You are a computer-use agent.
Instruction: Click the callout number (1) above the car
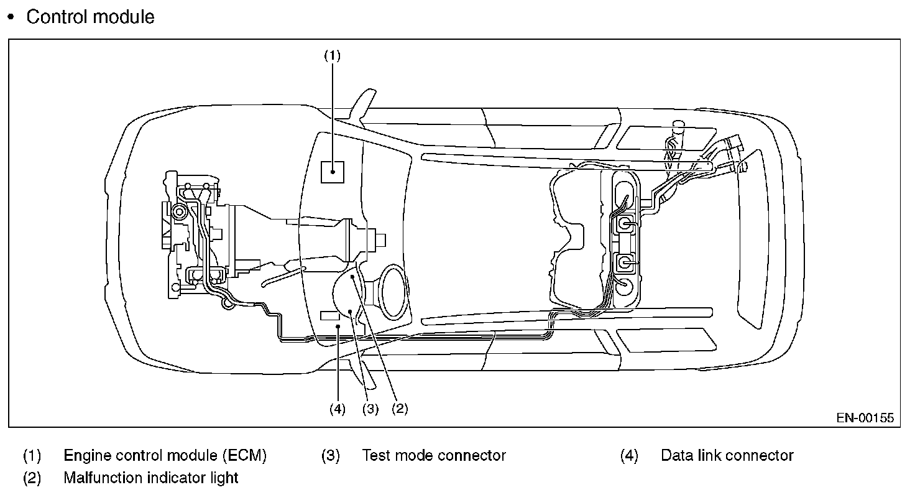click(x=332, y=55)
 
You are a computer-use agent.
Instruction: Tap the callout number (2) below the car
click(x=398, y=409)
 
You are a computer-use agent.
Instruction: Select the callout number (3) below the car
click(x=370, y=409)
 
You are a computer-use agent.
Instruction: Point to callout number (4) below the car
click(x=338, y=409)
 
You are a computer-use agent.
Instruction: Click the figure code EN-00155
click(x=865, y=418)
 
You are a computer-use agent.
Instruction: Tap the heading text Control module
click(x=90, y=17)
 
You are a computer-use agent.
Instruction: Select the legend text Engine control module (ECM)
click(x=165, y=456)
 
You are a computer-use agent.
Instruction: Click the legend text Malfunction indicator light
click(x=151, y=478)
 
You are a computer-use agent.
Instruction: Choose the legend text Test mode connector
click(x=434, y=456)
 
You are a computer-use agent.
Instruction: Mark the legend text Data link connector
click(x=727, y=456)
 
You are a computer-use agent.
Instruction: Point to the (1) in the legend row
click(x=32, y=456)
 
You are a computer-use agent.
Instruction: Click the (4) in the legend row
click(x=629, y=456)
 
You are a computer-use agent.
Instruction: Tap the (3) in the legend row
click(x=331, y=456)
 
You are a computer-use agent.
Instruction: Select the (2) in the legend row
click(x=32, y=478)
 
